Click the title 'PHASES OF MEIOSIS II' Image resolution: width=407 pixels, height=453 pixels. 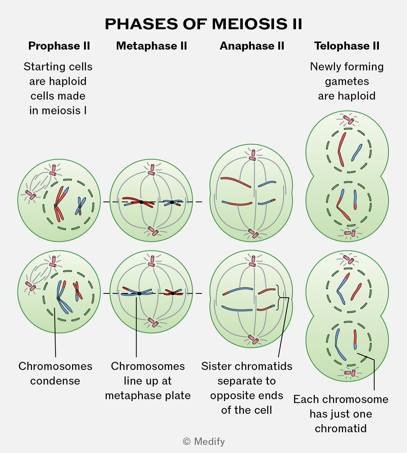(x=203, y=24)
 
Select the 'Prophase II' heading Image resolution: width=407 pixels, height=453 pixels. (x=59, y=46)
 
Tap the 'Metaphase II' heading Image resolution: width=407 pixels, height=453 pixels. (x=151, y=46)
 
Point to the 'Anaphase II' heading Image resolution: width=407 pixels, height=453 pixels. (x=252, y=46)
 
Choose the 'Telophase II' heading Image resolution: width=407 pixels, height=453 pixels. (x=347, y=46)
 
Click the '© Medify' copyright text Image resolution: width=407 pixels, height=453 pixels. (x=204, y=441)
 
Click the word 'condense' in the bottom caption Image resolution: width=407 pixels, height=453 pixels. (x=55, y=381)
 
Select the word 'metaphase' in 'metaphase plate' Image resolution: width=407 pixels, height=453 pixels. (x=130, y=395)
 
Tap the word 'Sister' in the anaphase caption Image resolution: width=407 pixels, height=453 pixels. (x=215, y=366)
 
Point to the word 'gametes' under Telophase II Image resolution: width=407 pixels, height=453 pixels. (x=347, y=82)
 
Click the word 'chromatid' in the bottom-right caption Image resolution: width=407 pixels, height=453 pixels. (x=341, y=428)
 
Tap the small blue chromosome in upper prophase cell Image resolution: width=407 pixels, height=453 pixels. (x=80, y=206)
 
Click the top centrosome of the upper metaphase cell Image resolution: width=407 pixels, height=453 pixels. (x=152, y=170)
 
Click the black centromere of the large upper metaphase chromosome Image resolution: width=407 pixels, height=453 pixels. (x=141, y=202)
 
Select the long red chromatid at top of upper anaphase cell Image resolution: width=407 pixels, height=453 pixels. (x=235, y=182)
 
